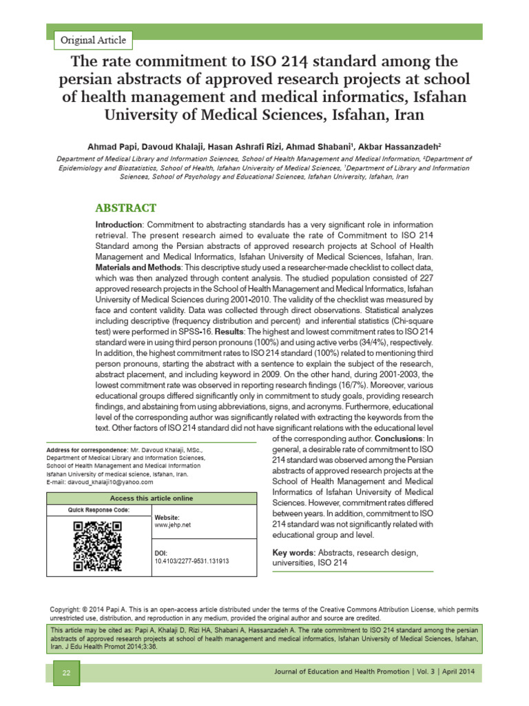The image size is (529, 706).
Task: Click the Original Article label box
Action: [x=94, y=40]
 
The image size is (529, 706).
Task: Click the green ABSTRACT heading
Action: [x=125, y=208]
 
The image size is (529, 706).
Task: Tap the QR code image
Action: [x=97, y=545]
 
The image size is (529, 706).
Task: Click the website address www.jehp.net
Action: [x=173, y=525]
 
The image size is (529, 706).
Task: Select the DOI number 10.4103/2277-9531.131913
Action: [x=191, y=561]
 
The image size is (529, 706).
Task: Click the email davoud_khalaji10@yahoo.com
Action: [x=109, y=483]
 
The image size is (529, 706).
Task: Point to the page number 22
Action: [x=67, y=673]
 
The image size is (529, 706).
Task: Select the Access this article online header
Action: [x=152, y=498]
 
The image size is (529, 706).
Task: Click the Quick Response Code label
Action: [x=98, y=510]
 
